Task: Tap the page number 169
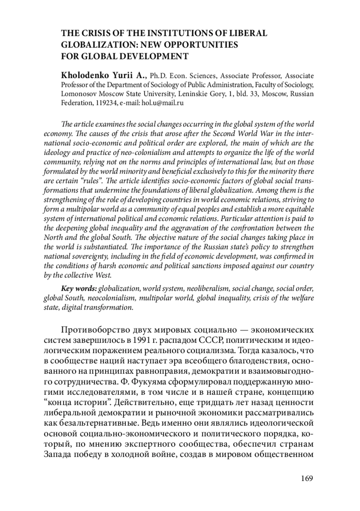click(307, 478)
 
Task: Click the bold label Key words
click(79, 289)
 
